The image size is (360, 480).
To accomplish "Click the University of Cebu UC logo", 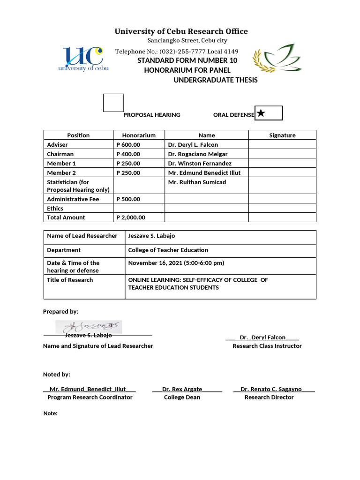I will (83, 59).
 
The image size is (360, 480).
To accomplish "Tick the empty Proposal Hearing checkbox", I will (113, 103).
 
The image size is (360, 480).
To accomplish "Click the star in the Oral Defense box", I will (261, 113).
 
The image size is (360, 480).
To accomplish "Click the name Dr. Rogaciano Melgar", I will (197, 154).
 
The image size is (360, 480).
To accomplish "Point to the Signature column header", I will (282, 135).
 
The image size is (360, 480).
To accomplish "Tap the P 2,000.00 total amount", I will (131, 217).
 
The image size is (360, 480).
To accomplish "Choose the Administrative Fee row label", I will (73, 199).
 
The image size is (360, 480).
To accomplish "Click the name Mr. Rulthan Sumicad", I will (197, 182).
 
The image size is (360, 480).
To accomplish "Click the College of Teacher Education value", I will (168, 250).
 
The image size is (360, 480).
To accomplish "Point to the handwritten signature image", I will (88, 327).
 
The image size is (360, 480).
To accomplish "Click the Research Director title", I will (269, 397).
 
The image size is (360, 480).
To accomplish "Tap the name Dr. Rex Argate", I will (182, 390).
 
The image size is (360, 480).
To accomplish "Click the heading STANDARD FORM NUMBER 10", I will (187, 60).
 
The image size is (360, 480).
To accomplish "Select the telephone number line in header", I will (177, 52).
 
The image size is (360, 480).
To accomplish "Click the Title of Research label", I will (70, 280).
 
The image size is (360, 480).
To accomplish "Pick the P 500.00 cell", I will (128, 199).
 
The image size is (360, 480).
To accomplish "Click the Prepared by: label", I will (60, 312).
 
